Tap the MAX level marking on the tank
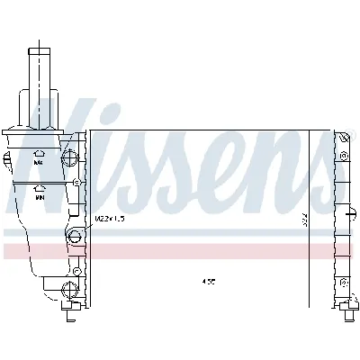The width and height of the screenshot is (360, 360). click(x=39, y=164)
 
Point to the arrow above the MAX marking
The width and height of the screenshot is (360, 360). click(x=39, y=154)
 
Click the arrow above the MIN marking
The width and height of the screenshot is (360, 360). click(x=39, y=190)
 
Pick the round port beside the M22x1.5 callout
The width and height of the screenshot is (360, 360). click(x=76, y=237)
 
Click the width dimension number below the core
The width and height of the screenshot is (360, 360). click(x=209, y=281)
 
